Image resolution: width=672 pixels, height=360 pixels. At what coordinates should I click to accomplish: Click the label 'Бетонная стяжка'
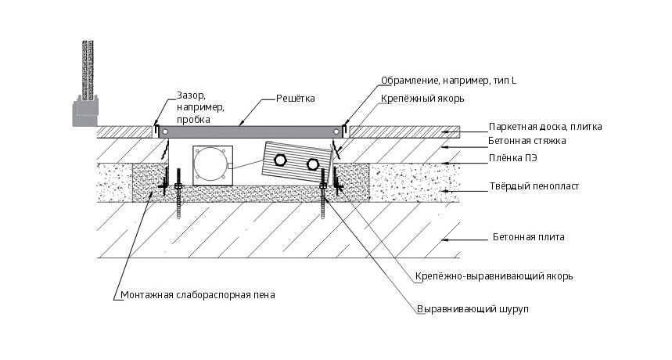tap(527, 141)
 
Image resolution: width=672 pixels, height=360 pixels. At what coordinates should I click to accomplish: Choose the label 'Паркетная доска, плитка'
tap(545, 126)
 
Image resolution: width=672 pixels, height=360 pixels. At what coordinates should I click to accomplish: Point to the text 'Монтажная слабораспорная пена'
tap(198, 296)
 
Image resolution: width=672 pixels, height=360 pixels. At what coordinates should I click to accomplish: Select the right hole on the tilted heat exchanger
tap(313, 164)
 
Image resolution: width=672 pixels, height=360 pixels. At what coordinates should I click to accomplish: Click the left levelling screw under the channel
tap(179, 195)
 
